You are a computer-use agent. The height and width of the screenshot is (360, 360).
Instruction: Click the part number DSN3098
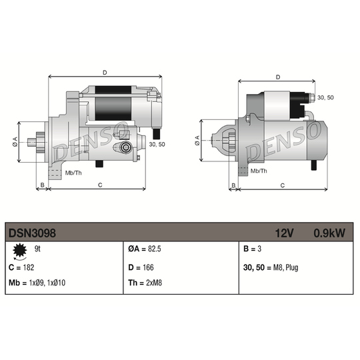pyautogui.click(x=32, y=233)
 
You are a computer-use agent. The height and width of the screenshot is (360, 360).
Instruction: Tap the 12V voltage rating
pyautogui.click(x=284, y=233)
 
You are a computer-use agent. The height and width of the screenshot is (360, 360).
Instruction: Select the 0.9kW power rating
pyautogui.click(x=329, y=233)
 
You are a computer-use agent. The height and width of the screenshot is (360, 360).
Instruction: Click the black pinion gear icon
pyautogui.click(x=20, y=250)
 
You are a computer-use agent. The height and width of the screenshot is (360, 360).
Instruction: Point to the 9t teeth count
pyautogui.click(x=37, y=249)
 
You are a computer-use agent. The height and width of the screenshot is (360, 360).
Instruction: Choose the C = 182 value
pyautogui.click(x=21, y=267)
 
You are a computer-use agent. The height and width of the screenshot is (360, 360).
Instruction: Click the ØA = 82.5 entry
pyautogui.click(x=145, y=249)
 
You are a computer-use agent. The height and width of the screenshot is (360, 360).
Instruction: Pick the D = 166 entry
pyautogui.click(x=141, y=267)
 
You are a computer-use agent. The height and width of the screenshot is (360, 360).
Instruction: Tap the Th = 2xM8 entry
pyautogui.click(x=145, y=283)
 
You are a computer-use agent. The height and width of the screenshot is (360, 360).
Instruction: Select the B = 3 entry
pyautogui.click(x=252, y=249)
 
